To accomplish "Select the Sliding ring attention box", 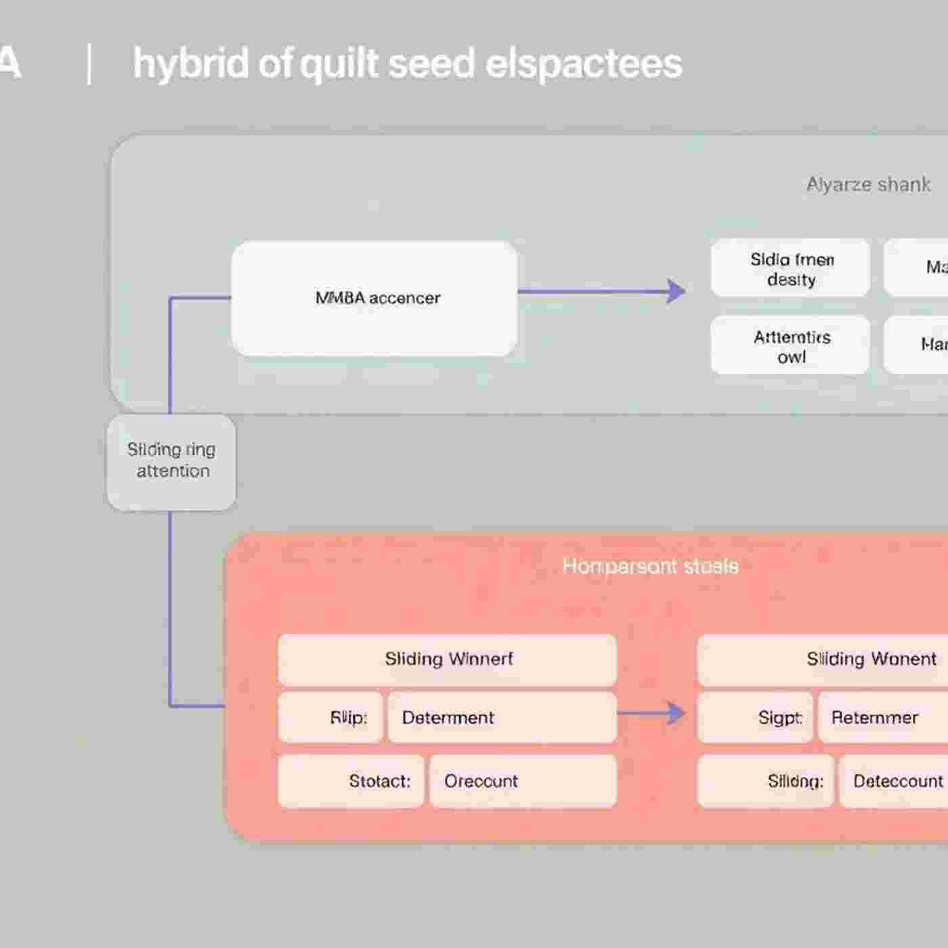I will [x=171, y=462].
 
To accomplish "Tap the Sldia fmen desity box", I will [x=790, y=268].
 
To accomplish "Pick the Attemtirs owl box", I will [x=790, y=345].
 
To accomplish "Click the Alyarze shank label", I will [x=868, y=184].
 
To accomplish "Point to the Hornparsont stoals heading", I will [x=650, y=566].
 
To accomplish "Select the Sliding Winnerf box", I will [x=448, y=660].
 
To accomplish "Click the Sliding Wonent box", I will [x=846, y=660].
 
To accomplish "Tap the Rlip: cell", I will [x=331, y=717].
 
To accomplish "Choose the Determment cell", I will [x=502, y=717].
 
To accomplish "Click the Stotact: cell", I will [x=351, y=781].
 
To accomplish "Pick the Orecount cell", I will [x=523, y=781].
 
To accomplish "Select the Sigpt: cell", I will [x=755, y=717].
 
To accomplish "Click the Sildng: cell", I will [x=766, y=781].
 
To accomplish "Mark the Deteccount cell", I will [x=895, y=781].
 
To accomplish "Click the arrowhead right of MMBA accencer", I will [x=676, y=292].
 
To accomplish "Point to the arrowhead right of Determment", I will [x=676, y=713].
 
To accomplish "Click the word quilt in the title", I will [x=338, y=64].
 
